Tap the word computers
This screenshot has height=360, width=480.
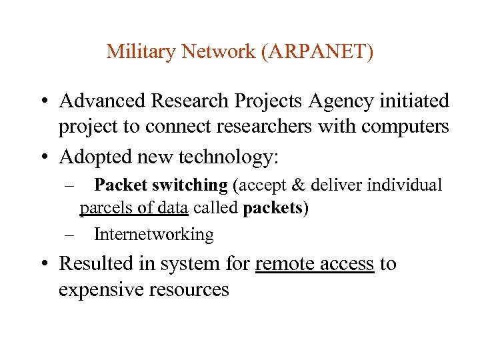[408, 127]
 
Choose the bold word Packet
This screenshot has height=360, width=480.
[121, 185]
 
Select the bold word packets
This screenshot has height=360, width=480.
[273, 208]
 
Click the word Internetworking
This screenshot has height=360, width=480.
[153, 234]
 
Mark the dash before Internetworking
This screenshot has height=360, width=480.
[69, 234]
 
